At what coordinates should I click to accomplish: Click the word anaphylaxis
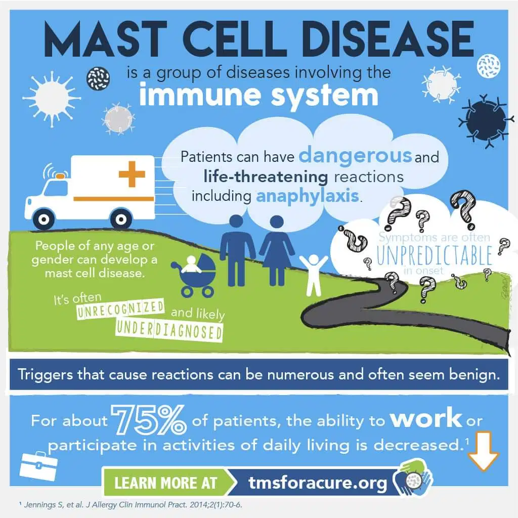click(x=308, y=195)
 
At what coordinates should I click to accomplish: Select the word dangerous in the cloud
click(x=356, y=155)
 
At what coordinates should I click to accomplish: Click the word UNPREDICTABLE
click(x=434, y=256)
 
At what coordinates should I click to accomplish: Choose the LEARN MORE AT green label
click(x=165, y=482)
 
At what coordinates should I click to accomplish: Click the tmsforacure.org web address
click(x=318, y=483)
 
